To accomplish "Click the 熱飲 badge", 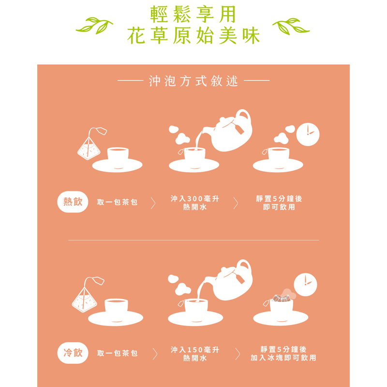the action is pyautogui.click(x=73, y=202).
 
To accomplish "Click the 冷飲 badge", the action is pyautogui.click(x=73, y=353).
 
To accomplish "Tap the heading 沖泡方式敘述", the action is pyautogui.click(x=193, y=81).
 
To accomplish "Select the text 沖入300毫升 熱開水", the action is pyautogui.click(x=195, y=203).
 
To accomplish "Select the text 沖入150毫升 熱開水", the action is pyautogui.click(x=195, y=354).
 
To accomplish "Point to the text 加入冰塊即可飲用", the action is pyautogui.click(x=283, y=357).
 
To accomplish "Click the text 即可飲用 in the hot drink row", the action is pyautogui.click(x=279, y=207).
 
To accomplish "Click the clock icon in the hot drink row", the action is pyautogui.click(x=308, y=134).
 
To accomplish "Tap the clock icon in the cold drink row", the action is pyautogui.click(x=306, y=284).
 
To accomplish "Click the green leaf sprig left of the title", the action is pyautogui.click(x=94, y=26).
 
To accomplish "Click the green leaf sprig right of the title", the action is pyautogui.click(x=291, y=26).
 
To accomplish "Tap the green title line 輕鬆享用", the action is pyautogui.click(x=193, y=14).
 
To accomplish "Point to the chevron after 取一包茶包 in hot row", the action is pyautogui.click(x=153, y=203).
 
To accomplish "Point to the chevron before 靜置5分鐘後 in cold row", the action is pyautogui.click(x=238, y=354).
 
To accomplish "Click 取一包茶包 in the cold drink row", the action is pyautogui.click(x=117, y=353).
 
